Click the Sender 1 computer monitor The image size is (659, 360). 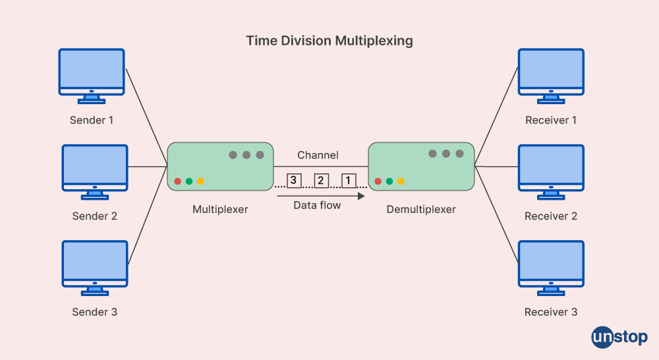92,71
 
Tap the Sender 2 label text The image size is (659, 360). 95,216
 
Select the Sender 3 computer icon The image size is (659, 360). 95,264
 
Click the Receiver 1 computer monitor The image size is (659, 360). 551,71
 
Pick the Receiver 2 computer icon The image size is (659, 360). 551,167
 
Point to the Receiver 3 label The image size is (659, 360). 551,312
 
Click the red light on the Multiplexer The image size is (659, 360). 178,181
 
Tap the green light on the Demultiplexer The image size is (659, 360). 389,181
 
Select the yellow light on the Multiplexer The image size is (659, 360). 200,181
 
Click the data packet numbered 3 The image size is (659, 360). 294,180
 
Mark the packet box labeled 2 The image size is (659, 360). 322,180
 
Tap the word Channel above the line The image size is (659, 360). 318,155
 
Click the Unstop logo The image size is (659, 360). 619,337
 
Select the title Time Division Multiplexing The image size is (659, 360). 329,41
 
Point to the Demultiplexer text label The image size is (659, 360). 421,210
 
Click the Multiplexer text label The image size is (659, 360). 220,210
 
